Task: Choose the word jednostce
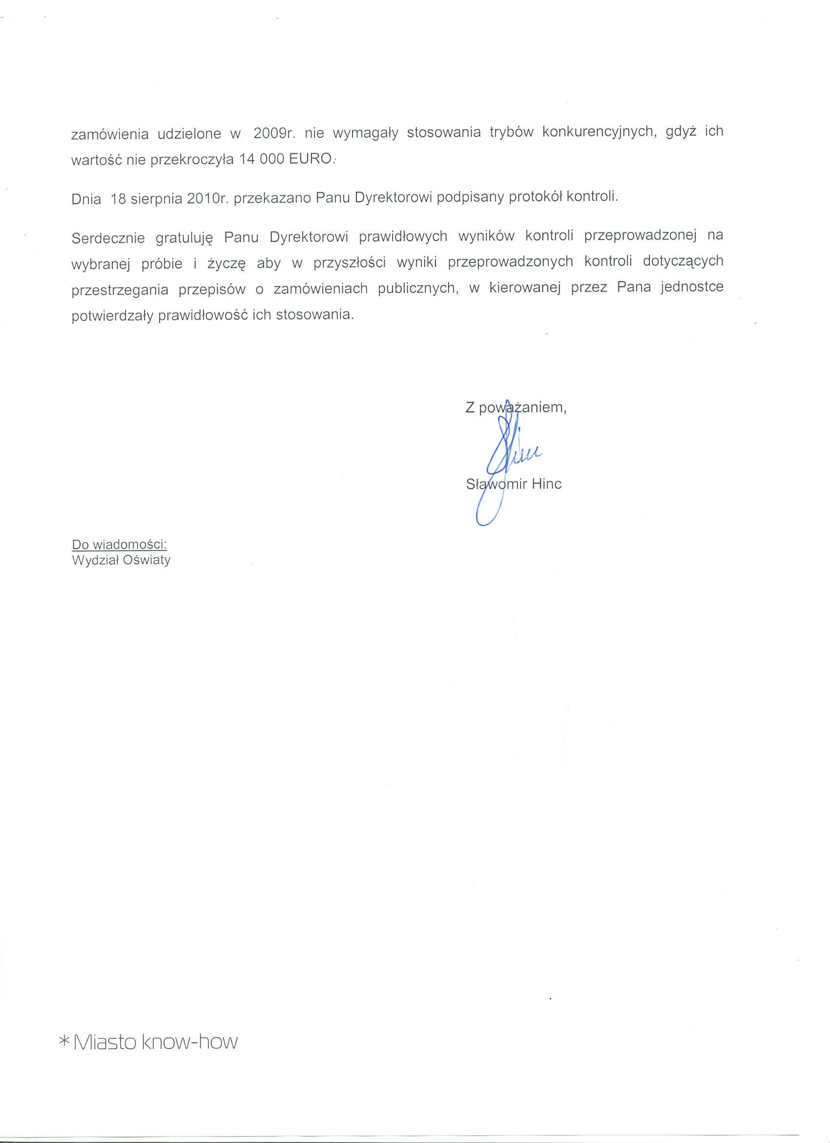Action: point(692,288)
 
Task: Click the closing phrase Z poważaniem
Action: point(516,408)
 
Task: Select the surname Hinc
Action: point(546,485)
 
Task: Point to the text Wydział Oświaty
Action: point(122,560)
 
